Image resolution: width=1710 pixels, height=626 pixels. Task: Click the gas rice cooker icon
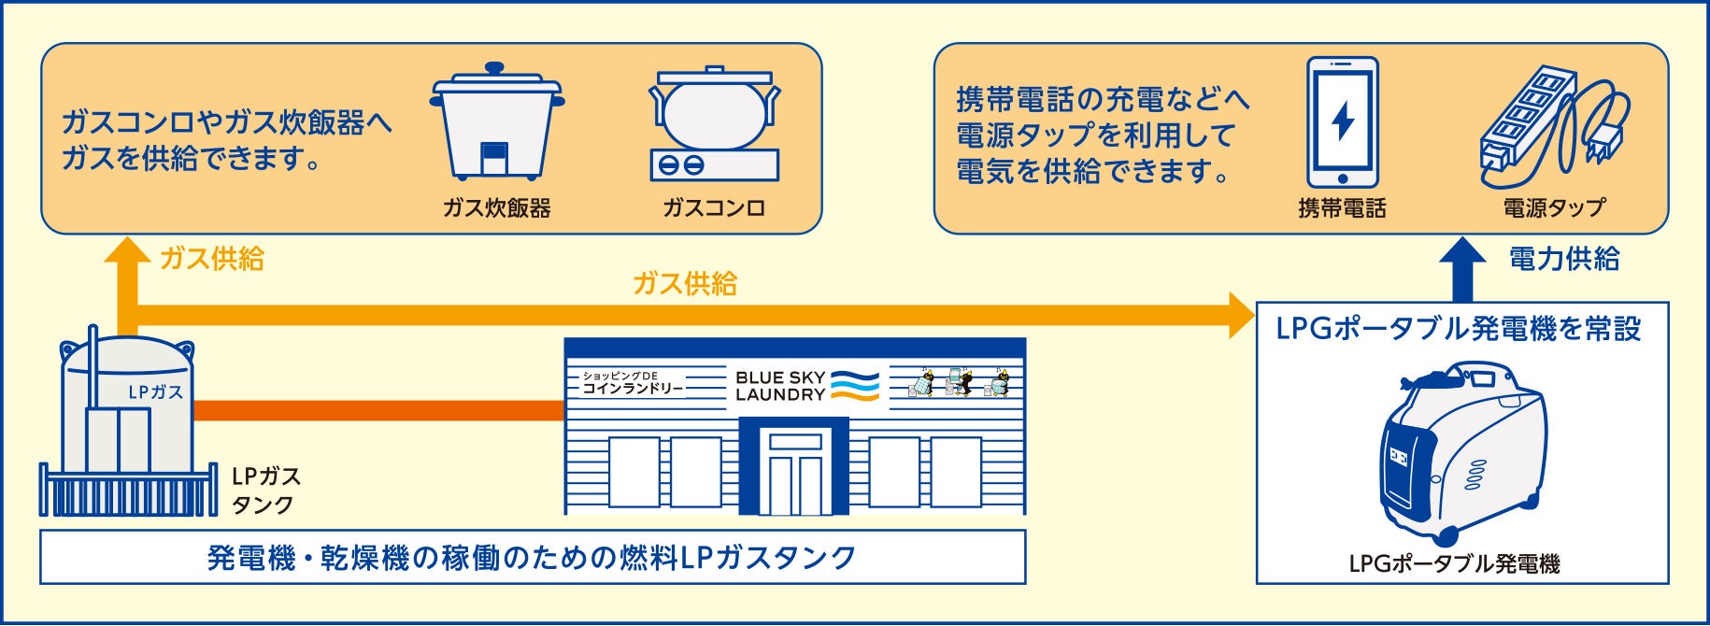point(496,121)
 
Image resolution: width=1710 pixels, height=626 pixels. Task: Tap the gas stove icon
point(715,125)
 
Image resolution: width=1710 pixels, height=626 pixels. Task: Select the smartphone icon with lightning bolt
point(1342,122)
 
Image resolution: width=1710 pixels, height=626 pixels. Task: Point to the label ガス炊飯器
point(496,208)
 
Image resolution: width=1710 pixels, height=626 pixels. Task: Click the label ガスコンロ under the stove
point(714,208)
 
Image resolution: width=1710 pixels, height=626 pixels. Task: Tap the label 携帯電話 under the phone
point(1342,208)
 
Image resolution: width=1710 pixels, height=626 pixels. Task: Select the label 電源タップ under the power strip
point(1554,208)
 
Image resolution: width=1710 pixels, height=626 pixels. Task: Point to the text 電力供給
point(1564,259)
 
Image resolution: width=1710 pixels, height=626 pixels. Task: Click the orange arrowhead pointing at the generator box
point(1242,315)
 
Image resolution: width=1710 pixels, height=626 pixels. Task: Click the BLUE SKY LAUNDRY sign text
point(780,386)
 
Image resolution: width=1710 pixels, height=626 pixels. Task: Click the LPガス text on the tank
point(155,392)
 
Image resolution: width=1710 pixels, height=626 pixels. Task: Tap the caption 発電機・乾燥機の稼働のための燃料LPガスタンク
point(532,558)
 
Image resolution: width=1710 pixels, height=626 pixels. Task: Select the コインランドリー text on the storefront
point(634,389)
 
